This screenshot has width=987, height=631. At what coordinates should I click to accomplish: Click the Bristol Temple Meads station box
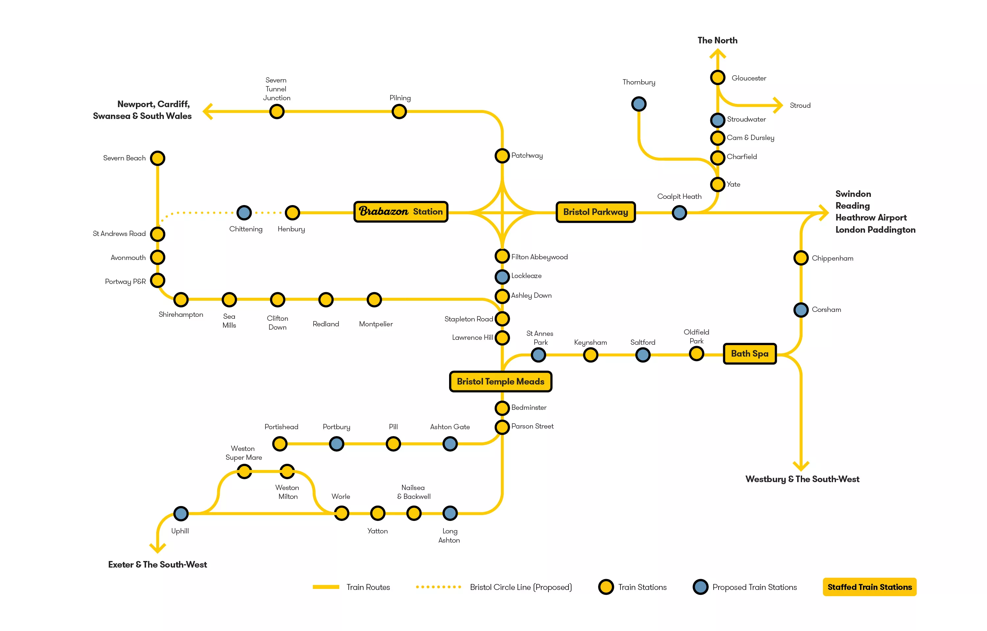pyautogui.click(x=500, y=382)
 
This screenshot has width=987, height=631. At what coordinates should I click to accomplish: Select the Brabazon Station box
pyautogui.click(x=401, y=212)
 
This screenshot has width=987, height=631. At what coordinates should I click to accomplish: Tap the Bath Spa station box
pyautogui.click(x=749, y=354)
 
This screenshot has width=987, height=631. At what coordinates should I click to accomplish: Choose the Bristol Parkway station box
pyautogui.click(x=595, y=212)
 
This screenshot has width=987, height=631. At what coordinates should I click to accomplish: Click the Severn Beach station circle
pyautogui.click(x=158, y=158)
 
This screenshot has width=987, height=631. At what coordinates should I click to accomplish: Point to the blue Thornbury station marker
pyautogui.click(x=639, y=104)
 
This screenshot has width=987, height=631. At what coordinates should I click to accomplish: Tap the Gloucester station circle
pyautogui.click(x=717, y=78)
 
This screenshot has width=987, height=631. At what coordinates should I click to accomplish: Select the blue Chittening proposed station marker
pyautogui.click(x=244, y=213)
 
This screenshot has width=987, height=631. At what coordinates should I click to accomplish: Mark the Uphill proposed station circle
pyautogui.click(x=181, y=513)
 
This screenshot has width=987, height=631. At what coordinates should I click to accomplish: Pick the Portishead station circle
pyautogui.click(x=280, y=444)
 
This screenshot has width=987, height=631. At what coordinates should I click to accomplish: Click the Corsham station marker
pyautogui.click(x=800, y=310)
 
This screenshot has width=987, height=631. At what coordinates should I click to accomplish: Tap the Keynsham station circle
pyautogui.click(x=590, y=355)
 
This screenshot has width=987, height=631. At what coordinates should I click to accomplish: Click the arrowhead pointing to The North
pyautogui.click(x=717, y=53)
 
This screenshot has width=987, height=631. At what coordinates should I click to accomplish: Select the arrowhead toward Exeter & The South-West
pyautogui.click(x=158, y=548)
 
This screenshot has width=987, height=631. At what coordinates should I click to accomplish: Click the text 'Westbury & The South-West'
pyautogui.click(x=802, y=479)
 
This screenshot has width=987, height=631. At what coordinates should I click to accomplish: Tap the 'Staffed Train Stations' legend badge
pyautogui.click(x=869, y=587)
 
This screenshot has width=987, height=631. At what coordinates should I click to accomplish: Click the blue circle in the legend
pyautogui.click(x=700, y=587)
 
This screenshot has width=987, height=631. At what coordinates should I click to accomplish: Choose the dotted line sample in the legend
pyautogui.click(x=438, y=587)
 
